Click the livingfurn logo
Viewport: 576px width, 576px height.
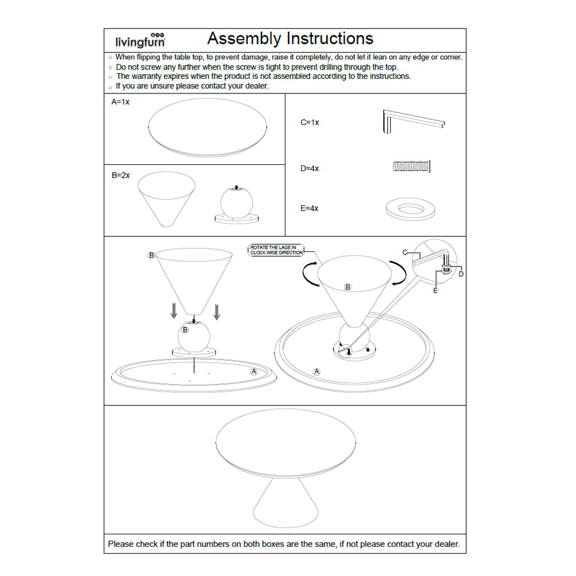140,40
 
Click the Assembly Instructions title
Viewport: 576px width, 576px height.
290,39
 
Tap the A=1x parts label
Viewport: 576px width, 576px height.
120,102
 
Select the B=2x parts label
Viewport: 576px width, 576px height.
121,175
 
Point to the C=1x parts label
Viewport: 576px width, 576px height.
309,123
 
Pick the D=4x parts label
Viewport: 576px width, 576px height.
309,169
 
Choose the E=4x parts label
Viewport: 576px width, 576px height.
309,208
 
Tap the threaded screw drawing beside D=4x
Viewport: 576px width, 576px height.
412,166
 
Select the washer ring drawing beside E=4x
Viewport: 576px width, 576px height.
411,209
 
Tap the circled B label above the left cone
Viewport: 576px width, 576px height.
151,255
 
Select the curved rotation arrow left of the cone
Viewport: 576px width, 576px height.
308,275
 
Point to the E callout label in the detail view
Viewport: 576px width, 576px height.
435,291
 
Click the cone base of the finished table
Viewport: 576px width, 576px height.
285,500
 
